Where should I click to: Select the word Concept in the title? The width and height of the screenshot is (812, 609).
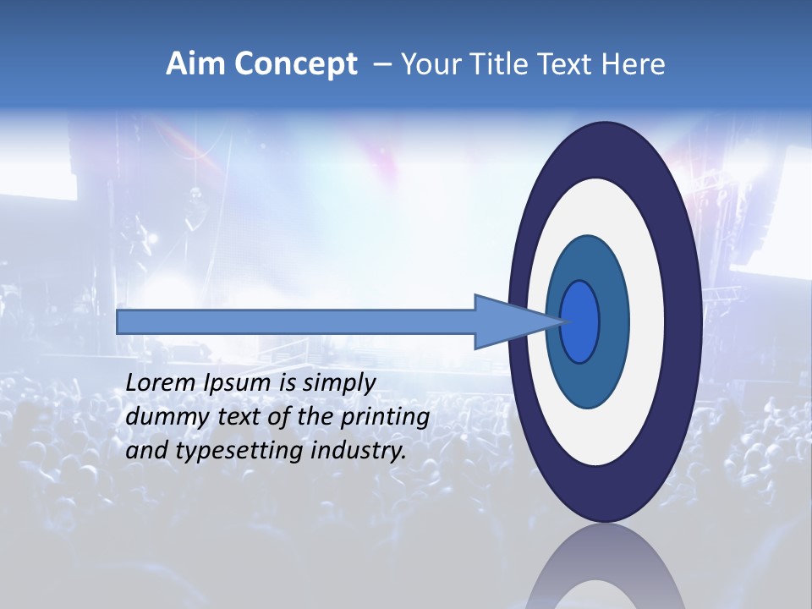[295, 64]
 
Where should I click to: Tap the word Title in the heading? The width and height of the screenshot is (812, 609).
[487, 64]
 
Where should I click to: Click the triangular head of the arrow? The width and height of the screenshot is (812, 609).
[507, 321]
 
